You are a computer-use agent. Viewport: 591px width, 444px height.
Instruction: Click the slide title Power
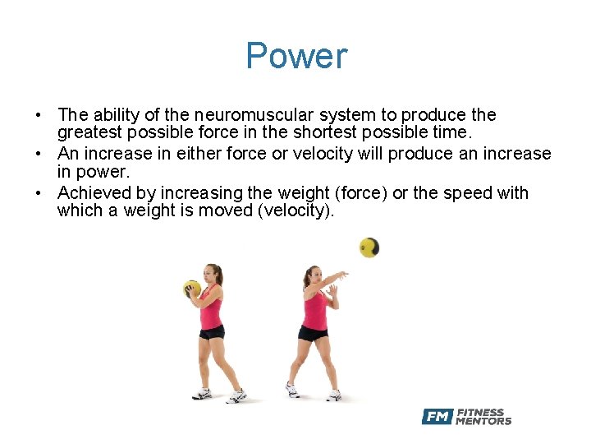pos(296,57)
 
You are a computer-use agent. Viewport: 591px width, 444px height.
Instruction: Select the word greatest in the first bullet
pos(89,133)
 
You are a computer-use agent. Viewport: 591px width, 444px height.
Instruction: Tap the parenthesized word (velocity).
pos(285,211)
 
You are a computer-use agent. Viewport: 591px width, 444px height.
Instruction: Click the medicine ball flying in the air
pos(369,247)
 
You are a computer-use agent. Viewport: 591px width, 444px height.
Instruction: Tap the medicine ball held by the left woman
pos(192,289)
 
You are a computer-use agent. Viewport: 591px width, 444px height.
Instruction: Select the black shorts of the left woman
pos(212,331)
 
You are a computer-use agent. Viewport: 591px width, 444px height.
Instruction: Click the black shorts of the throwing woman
pos(313,333)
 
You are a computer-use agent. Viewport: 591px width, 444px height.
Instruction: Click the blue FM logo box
pos(437,417)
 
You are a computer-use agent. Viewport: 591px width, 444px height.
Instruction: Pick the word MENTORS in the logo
pos(483,421)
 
